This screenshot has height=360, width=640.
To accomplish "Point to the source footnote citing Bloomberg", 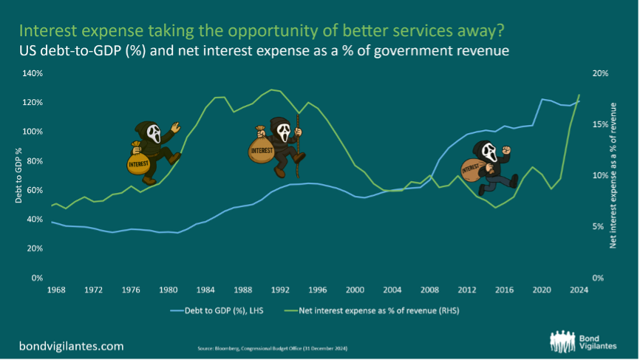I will (x=273, y=347).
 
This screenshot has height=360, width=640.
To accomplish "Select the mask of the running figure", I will (x=489, y=150).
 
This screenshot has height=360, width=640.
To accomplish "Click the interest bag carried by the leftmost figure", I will (x=138, y=160).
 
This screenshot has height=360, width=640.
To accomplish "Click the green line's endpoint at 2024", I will (x=579, y=95).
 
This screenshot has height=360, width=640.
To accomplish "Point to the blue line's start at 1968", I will (x=51, y=222).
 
